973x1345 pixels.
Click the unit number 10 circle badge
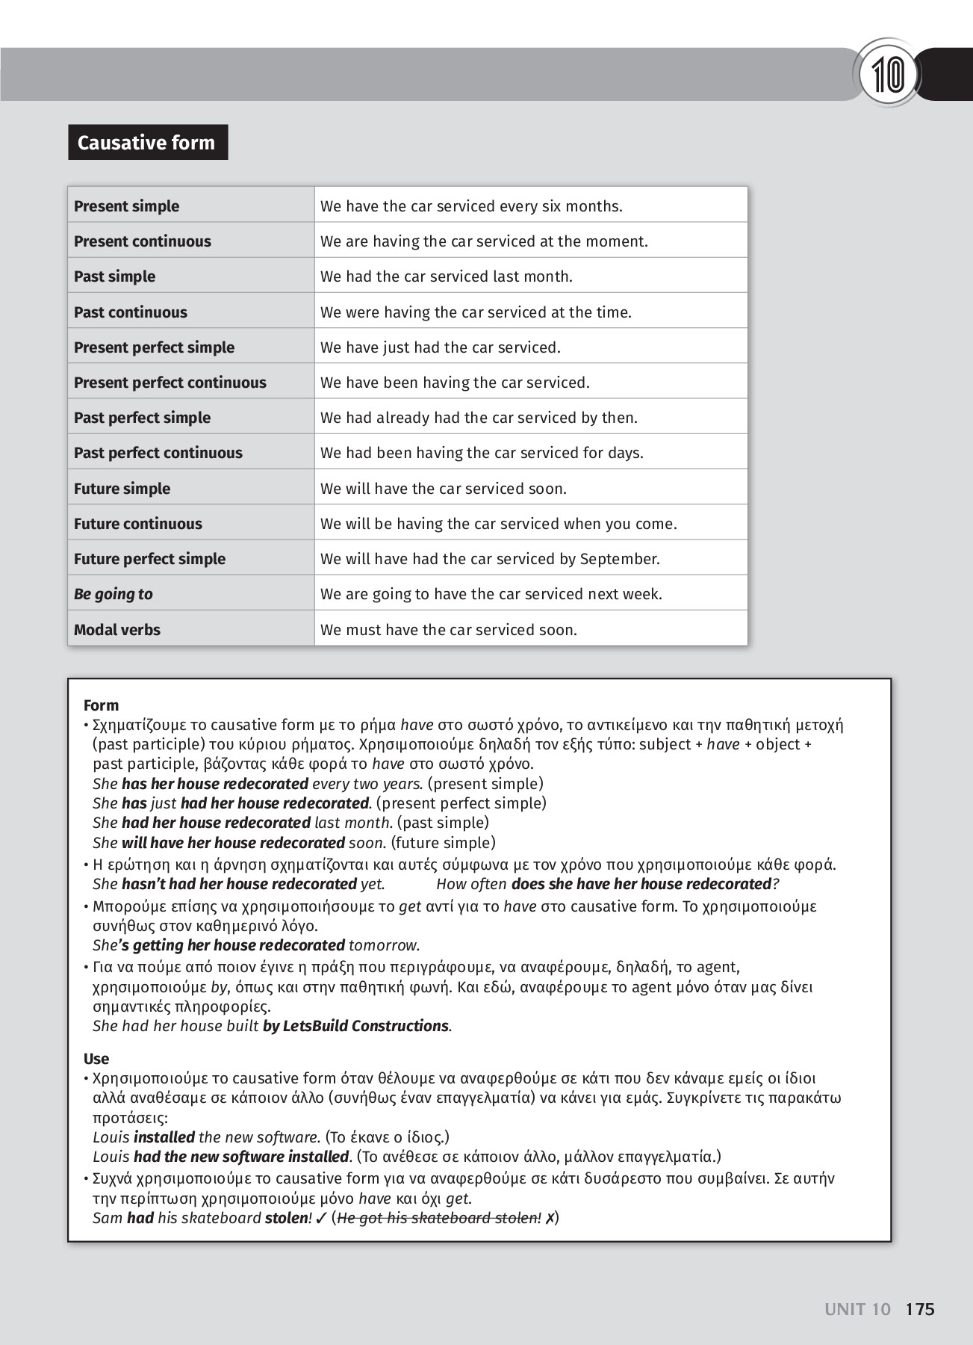point(888,74)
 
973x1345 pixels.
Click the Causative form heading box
point(147,143)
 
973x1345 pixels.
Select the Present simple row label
point(126,206)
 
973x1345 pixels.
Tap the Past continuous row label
point(130,312)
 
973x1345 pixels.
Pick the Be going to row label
point(113,594)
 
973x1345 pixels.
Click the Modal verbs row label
point(116,630)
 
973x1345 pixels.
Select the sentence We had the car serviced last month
point(446,276)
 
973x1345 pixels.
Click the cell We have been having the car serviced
point(455,383)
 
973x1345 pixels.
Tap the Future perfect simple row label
point(149,559)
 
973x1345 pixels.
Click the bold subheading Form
point(101,705)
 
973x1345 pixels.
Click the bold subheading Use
point(96,1059)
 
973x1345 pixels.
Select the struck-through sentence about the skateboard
point(439,1218)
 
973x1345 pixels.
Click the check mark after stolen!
point(320,1218)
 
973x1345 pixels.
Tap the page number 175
point(919,1309)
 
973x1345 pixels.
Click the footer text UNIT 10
point(857,1309)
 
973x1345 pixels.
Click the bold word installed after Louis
point(164,1137)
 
